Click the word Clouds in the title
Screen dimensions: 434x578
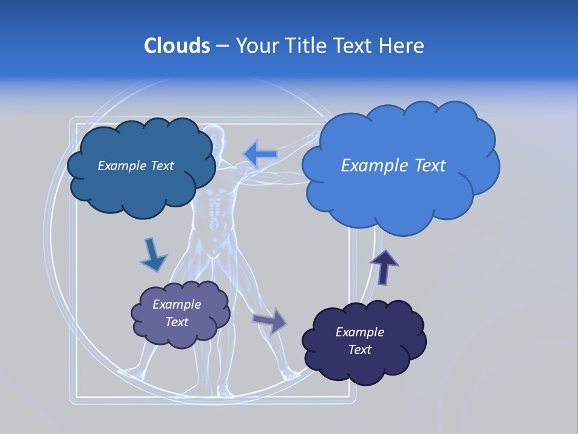tap(177, 46)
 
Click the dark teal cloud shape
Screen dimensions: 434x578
tap(141, 166)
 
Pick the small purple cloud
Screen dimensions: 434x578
tap(180, 314)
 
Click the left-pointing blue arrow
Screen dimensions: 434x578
tap(261, 154)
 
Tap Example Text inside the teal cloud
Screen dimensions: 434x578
tap(135, 166)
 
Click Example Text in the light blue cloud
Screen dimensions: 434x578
tap(393, 166)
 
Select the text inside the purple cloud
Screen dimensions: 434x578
tap(177, 313)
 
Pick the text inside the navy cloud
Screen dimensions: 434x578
tap(359, 341)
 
